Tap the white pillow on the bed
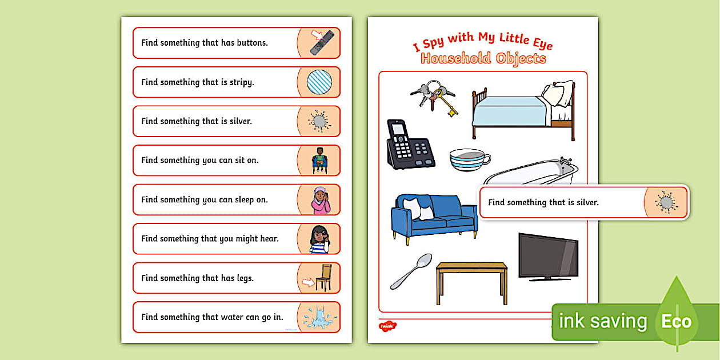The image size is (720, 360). pyautogui.click(x=557, y=95)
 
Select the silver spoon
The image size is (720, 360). pyautogui.click(x=410, y=271)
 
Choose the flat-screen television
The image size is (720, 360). pyautogui.click(x=547, y=257)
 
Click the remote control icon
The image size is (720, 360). pyautogui.click(x=321, y=43)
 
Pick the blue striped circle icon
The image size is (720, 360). pyautogui.click(x=318, y=82)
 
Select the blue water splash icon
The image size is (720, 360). pyautogui.click(x=318, y=317)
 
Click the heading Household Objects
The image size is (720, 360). pyautogui.click(x=483, y=58)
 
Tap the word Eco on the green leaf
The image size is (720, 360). pyautogui.click(x=676, y=321)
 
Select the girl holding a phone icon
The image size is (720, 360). pyautogui.click(x=319, y=239)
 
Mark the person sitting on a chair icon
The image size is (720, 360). pyautogui.click(x=319, y=161)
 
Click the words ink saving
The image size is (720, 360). pyautogui.click(x=602, y=321)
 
